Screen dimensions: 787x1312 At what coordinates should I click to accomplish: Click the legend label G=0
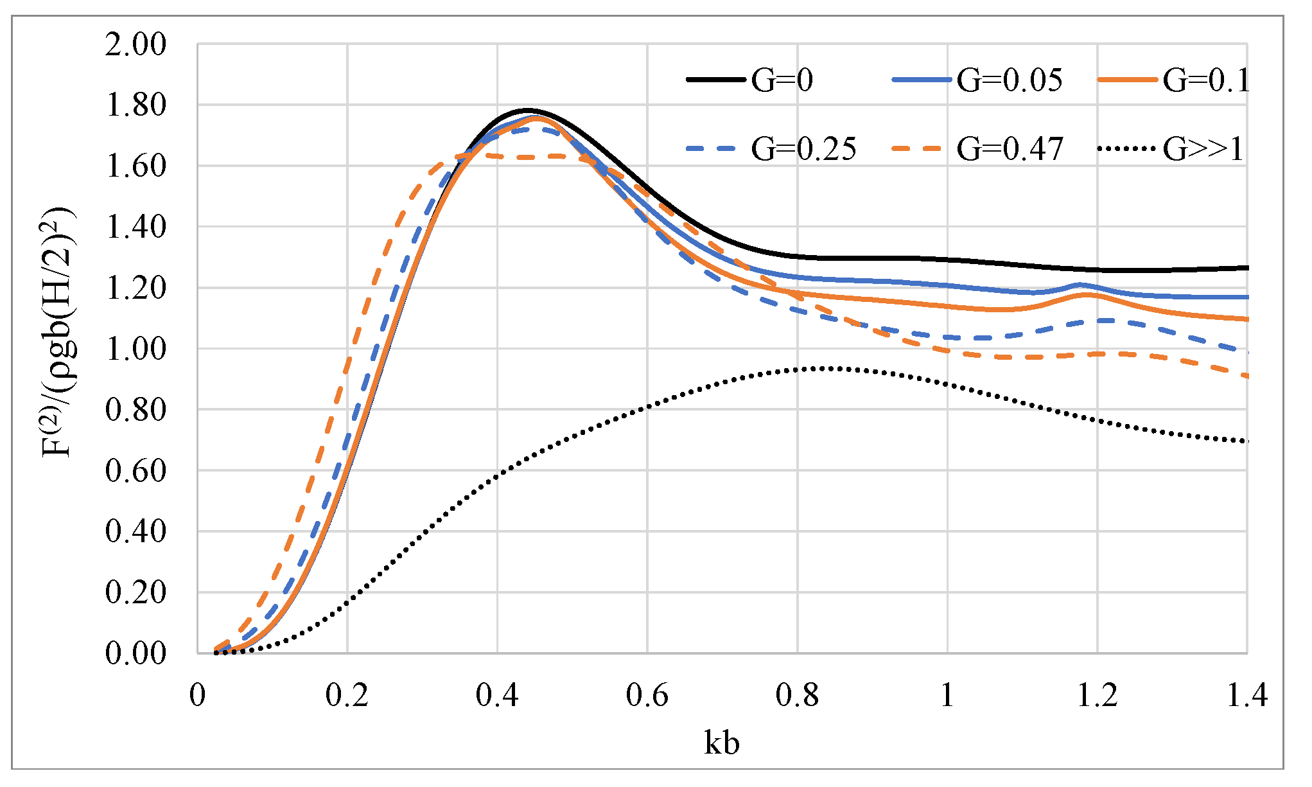click(x=782, y=80)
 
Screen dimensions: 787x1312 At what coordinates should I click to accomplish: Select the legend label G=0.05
click(x=1009, y=80)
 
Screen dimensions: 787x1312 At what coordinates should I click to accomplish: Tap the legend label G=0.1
click(x=1207, y=80)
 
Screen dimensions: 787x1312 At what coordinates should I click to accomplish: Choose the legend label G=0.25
click(x=803, y=149)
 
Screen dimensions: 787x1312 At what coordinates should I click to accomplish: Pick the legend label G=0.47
click(x=1010, y=149)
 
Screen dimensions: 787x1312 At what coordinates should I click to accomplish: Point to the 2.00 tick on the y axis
click(x=136, y=45)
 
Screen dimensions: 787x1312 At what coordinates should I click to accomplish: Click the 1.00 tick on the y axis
click(x=136, y=349)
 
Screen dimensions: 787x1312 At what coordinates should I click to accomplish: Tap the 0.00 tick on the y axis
click(x=136, y=653)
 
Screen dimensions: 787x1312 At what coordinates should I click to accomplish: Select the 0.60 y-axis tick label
click(x=136, y=471)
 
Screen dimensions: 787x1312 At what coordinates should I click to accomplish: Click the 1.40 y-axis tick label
click(x=136, y=227)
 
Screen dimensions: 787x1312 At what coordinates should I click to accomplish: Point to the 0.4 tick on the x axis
click(x=497, y=696)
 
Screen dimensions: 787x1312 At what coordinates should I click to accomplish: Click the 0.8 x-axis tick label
click(x=797, y=696)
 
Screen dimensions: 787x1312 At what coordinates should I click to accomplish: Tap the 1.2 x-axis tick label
click(x=1097, y=696)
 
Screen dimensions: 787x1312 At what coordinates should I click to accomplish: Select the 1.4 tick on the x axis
click(x=1246, y=696)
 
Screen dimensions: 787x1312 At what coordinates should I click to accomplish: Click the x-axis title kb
click(x=721, y=743)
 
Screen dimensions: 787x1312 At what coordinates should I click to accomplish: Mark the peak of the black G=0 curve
click(x=527, y=111)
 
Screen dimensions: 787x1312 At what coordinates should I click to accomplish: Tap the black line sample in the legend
click(x=715, y=80)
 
